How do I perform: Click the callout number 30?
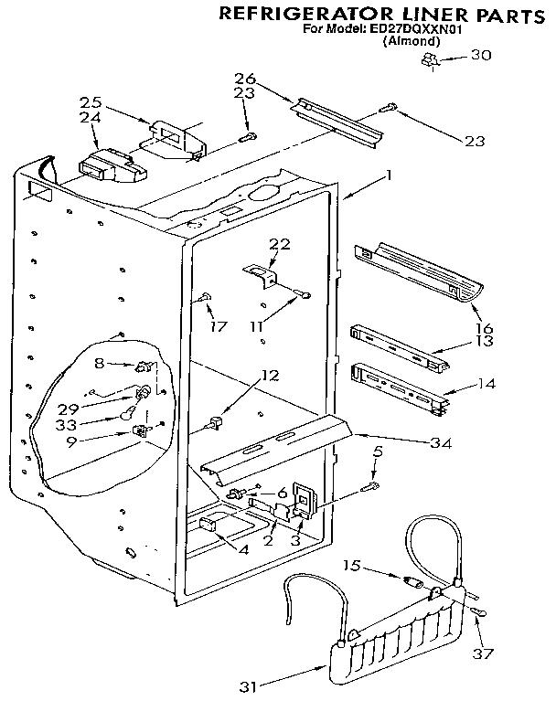click(x=480, y=54)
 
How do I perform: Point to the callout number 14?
click(x=486, y=384)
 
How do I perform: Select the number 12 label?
click(x=268, y=374)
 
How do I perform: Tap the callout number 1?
click(x=389, y=175)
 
